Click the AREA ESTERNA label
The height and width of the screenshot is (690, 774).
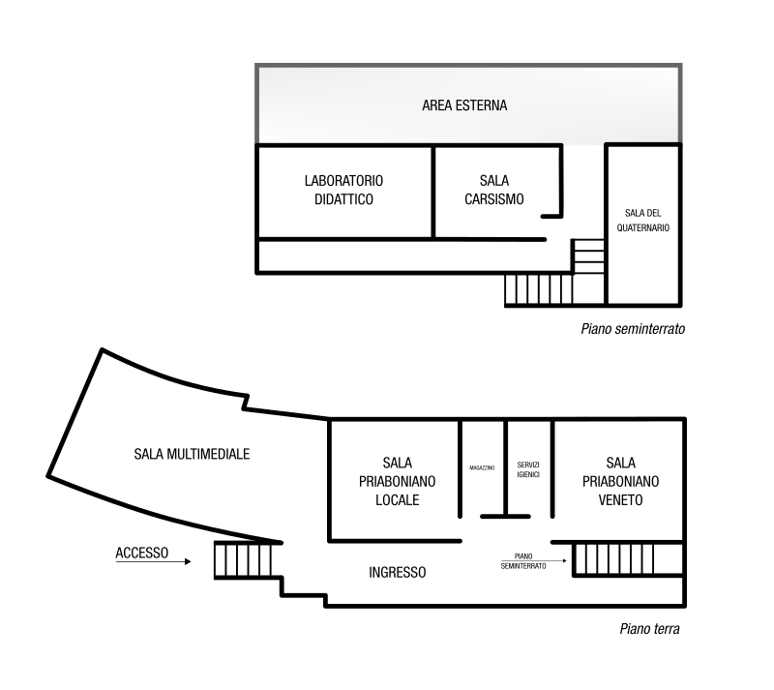click(464, 105)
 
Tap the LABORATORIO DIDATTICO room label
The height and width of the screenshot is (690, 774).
click(343, 190)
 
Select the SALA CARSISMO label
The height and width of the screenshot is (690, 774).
click(494, 190)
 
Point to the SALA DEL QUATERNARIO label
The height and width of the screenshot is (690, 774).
click(642, 221)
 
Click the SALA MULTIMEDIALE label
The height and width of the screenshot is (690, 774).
click(192, 454)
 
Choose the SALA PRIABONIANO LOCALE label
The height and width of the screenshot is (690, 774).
click(398, 481)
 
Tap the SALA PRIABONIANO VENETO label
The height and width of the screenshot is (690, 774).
click(620, 481)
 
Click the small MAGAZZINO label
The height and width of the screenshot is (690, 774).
click(482, 467)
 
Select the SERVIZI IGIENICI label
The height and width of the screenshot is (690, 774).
click(528, 469)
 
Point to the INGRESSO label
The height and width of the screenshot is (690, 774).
click(398, 573)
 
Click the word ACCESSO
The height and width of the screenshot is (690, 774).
click(142, 553)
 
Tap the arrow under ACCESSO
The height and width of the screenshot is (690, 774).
click(153, 561)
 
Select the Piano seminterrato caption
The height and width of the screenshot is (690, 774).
click(633, 329)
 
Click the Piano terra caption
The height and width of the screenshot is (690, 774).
click(649, 629)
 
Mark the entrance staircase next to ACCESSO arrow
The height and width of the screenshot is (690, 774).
click(243, 560)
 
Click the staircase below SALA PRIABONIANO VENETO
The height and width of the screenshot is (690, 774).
click(628, 559)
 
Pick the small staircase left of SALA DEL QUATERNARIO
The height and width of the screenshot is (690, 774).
click(588, 255)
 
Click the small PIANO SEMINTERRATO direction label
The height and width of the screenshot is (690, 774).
click(523, 561)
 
